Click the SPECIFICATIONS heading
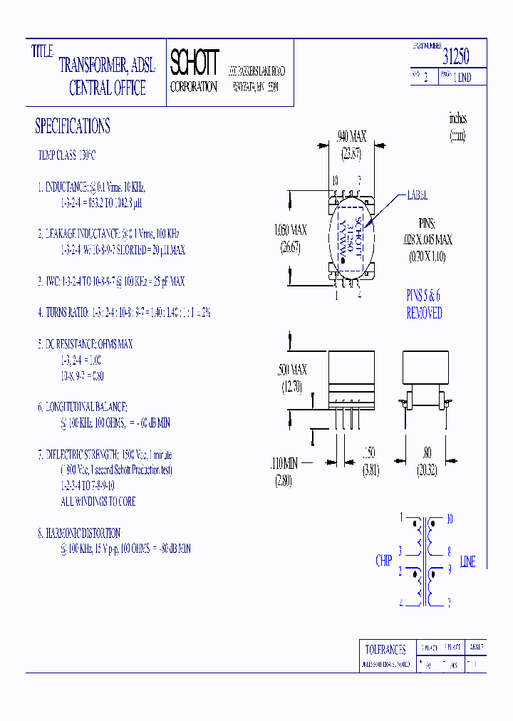click(72, 127)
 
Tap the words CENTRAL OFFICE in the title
click(107, 88)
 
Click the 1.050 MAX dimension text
click(291, 230)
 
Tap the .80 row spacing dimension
click(426, 452)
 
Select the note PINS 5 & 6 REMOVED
click(424, 304)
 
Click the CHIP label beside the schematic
click(383, 561)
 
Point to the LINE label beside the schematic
click(467, 562)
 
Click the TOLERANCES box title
click(385, 649)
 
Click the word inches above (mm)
click(457, 119)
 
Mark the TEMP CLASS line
click(66, 155)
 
